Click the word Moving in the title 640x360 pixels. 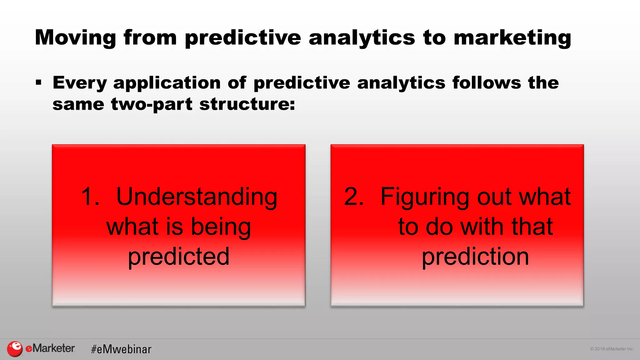point(75,37)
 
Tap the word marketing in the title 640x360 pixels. point(512,37)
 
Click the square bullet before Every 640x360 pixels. point(39,83)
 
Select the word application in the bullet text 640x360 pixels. point(167,83)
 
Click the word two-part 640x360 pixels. point(152,104)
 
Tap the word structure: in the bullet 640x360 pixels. point(247,104)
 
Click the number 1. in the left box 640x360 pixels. point(90,197)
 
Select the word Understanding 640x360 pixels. point(197,197)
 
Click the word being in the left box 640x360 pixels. point(221,227)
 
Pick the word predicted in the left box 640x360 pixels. point(179,257)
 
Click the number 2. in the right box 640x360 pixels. point(354,197)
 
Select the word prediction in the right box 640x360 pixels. point(475,257)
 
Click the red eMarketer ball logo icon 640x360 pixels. point(15,349)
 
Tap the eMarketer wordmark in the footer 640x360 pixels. point(50,348)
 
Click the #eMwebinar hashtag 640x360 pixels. point(121,349)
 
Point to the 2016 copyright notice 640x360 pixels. point(612,349)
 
